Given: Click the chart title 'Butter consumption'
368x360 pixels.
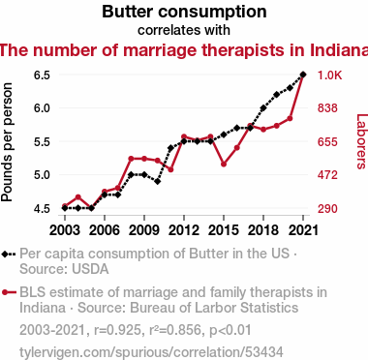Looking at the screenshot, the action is tap(184, 12).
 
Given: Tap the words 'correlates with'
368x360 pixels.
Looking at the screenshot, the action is tap(184, 30).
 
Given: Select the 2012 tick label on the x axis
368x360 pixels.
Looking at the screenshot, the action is tap(184, 230).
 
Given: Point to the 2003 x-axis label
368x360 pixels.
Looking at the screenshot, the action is tap(65, 230).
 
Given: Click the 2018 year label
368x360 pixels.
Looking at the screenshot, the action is tap(263, 230).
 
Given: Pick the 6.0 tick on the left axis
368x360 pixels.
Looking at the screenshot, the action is tap(42, 108).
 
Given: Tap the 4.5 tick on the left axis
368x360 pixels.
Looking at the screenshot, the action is tap(42, 208).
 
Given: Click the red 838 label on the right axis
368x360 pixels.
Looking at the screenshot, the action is tap(327, 108).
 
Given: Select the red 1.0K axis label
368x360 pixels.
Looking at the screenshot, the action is tap(329, 75).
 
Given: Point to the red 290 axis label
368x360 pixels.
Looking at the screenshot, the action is tap(327, 208).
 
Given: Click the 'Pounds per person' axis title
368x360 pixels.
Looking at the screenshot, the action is tap(7, 142).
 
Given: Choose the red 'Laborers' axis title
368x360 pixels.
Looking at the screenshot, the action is tap(361, 141).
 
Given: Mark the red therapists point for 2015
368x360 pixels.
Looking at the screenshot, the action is tap(224, 165).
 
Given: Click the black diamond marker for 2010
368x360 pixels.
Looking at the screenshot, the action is tap(157, 182).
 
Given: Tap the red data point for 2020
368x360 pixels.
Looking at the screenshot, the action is tap(290, 119).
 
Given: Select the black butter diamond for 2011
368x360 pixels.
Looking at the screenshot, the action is tap(170, 148).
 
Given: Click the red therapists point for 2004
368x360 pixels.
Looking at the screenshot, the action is tap(77, 197).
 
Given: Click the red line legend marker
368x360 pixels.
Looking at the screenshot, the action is tap(9, 292).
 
